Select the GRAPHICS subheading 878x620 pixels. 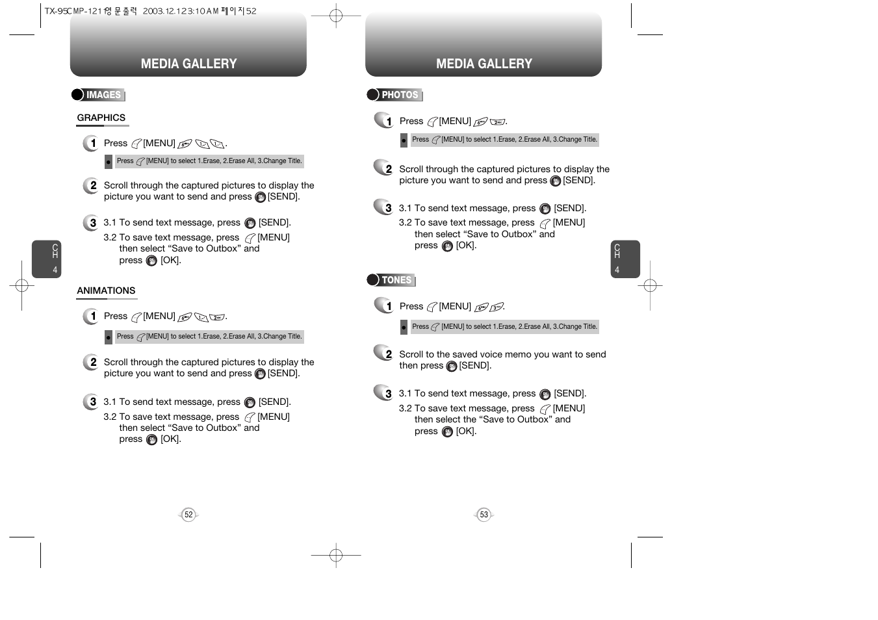tap(101, 118)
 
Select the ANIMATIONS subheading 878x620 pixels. tap(106, 291)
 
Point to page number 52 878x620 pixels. tap(188, 515)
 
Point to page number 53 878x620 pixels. tap(484, 515)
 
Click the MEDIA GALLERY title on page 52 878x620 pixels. tap(188, 64)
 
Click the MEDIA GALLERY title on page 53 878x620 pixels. tap(484, 64)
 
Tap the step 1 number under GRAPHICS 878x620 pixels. tap(92, 143)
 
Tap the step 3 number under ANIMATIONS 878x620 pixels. tap(92, 402)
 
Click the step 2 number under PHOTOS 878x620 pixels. tap(387, 169)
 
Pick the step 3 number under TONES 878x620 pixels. tap(387, 393)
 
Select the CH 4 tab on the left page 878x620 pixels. tap(47, 259)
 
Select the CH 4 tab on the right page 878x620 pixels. tap(625, 259)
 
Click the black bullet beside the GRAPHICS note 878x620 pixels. tap(109, 161)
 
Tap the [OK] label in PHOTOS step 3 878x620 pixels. tap(466, 246)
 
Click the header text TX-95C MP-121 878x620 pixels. tap(73, 11)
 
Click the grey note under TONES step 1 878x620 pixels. tap(504, 327)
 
